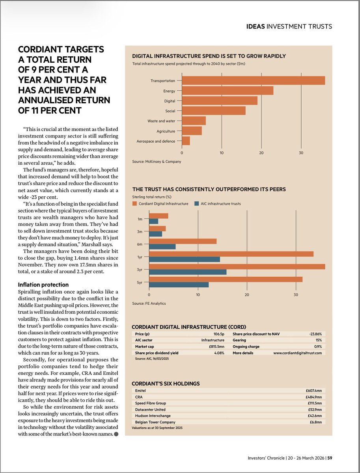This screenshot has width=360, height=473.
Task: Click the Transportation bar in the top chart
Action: [253, 80]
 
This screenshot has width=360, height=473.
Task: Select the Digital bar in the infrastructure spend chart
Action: [219, 101]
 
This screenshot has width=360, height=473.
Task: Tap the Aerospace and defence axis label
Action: [155, 141]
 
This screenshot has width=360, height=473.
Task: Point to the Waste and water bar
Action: [194, 121]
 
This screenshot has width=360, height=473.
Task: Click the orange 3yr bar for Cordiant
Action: [237, 267]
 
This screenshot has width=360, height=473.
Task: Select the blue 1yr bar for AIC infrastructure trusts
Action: [184, 259]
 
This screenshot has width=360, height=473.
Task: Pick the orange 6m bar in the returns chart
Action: [183, 241]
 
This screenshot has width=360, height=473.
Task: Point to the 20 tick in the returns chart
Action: [247, 294]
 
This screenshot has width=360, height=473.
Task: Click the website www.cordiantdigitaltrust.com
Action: [297, 353]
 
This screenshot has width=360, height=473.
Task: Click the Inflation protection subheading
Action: [43, 285]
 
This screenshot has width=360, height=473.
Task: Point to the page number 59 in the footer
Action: [329, 458]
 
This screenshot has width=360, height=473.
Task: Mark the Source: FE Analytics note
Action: [149, 304]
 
